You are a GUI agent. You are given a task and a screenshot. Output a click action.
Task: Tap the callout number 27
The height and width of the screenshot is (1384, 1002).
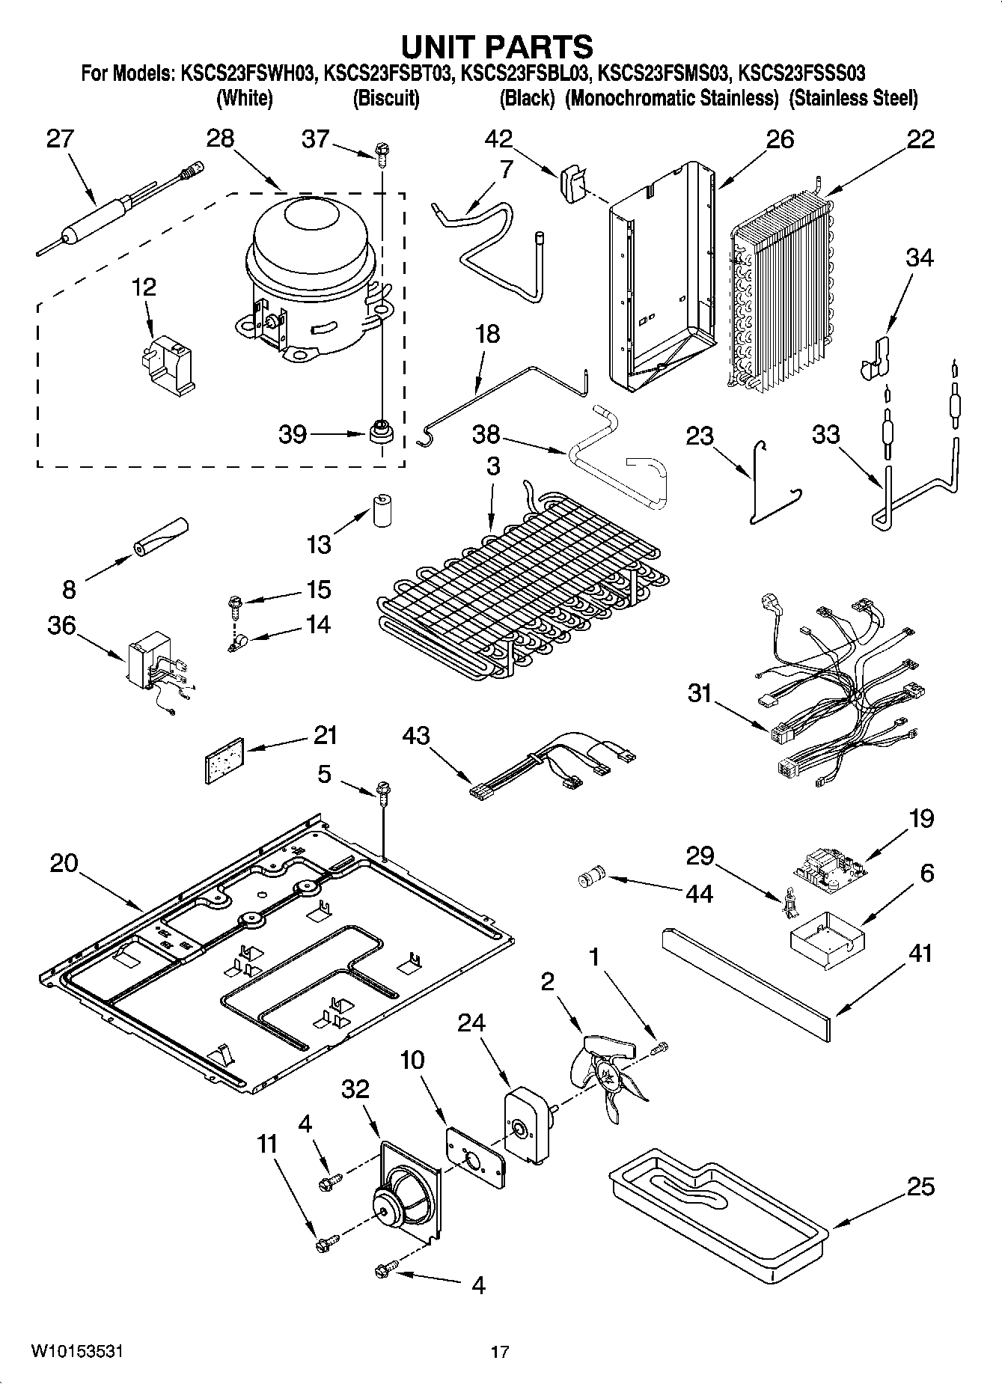click(60, 140)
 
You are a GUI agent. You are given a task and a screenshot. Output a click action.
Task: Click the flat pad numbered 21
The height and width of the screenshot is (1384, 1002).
click(225, 760)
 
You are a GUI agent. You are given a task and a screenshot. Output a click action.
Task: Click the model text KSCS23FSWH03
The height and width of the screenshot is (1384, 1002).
click(247, 74)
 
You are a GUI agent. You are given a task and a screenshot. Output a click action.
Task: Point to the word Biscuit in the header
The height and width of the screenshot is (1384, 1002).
click(385, 98)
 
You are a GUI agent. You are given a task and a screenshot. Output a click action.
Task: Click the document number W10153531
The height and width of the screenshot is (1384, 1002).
click(77, 1351)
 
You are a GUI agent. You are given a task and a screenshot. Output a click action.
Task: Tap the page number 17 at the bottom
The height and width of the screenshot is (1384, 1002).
click(500, 1352)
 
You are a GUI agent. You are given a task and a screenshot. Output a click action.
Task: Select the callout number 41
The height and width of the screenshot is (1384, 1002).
click(919, 954)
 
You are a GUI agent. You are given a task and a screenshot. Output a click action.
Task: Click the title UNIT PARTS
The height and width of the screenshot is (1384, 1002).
click(497, 46)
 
